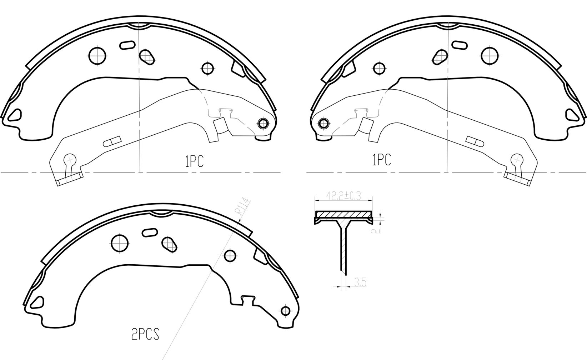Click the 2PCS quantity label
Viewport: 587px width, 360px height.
(x=145, y=334)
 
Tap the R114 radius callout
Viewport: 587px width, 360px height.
(x=243, y=208)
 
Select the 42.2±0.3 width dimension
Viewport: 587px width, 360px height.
(x=343, y=196)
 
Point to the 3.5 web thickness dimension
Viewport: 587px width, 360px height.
(x=360, y=282)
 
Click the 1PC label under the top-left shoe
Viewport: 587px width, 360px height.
(x=194, y=161)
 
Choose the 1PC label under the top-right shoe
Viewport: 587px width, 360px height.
(x=382, y=160)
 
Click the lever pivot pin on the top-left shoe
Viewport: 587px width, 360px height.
(x=262, y=123)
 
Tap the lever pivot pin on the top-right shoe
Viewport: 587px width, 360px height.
(x=324, y=123)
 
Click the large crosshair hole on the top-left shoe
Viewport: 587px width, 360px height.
(x=97, y=56)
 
